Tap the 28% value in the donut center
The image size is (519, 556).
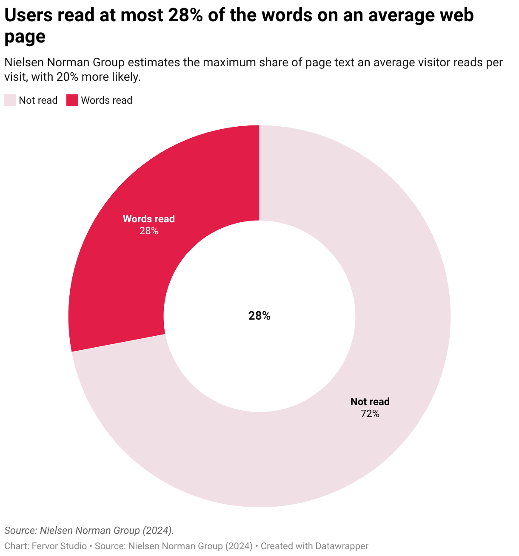pos(259,316)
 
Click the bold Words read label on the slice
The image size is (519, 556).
pos(149,219)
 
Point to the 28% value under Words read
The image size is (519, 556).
pos(149,231)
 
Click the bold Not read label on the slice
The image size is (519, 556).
pos(370,402)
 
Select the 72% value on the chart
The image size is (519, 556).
pos(370,414)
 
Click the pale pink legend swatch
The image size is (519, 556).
pos(10,100)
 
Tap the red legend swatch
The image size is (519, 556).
pos(72,100)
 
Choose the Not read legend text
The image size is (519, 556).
pos(38,100)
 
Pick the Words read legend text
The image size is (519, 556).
pos(106,100)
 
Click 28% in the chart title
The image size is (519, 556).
pos(185,15)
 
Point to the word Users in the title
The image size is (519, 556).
pos(29,15)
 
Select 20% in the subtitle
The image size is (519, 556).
pos(67,77)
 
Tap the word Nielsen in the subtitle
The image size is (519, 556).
pos(24,62)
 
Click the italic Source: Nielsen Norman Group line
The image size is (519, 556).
pos(89,530)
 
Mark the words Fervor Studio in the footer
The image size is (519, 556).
pos(59,546)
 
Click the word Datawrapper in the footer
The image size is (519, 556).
pos(342,546)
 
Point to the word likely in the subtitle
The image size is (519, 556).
pos(126,77)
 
